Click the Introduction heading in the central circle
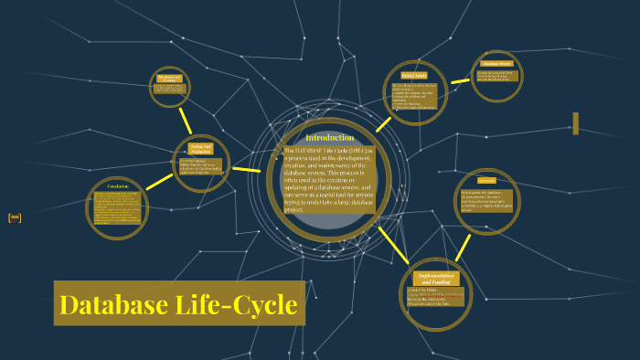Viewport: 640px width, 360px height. coord(329,137)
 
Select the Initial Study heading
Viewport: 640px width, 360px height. coord(414,75)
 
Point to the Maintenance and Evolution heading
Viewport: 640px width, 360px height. coord(171,78)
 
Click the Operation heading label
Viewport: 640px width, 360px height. coord(486,180)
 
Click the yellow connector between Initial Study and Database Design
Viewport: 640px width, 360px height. coord(458,82)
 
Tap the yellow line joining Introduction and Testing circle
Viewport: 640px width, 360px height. coord(246,169)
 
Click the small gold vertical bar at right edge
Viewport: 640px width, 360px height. coord(575,123)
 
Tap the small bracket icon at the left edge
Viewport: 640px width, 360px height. coord(14,217)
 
